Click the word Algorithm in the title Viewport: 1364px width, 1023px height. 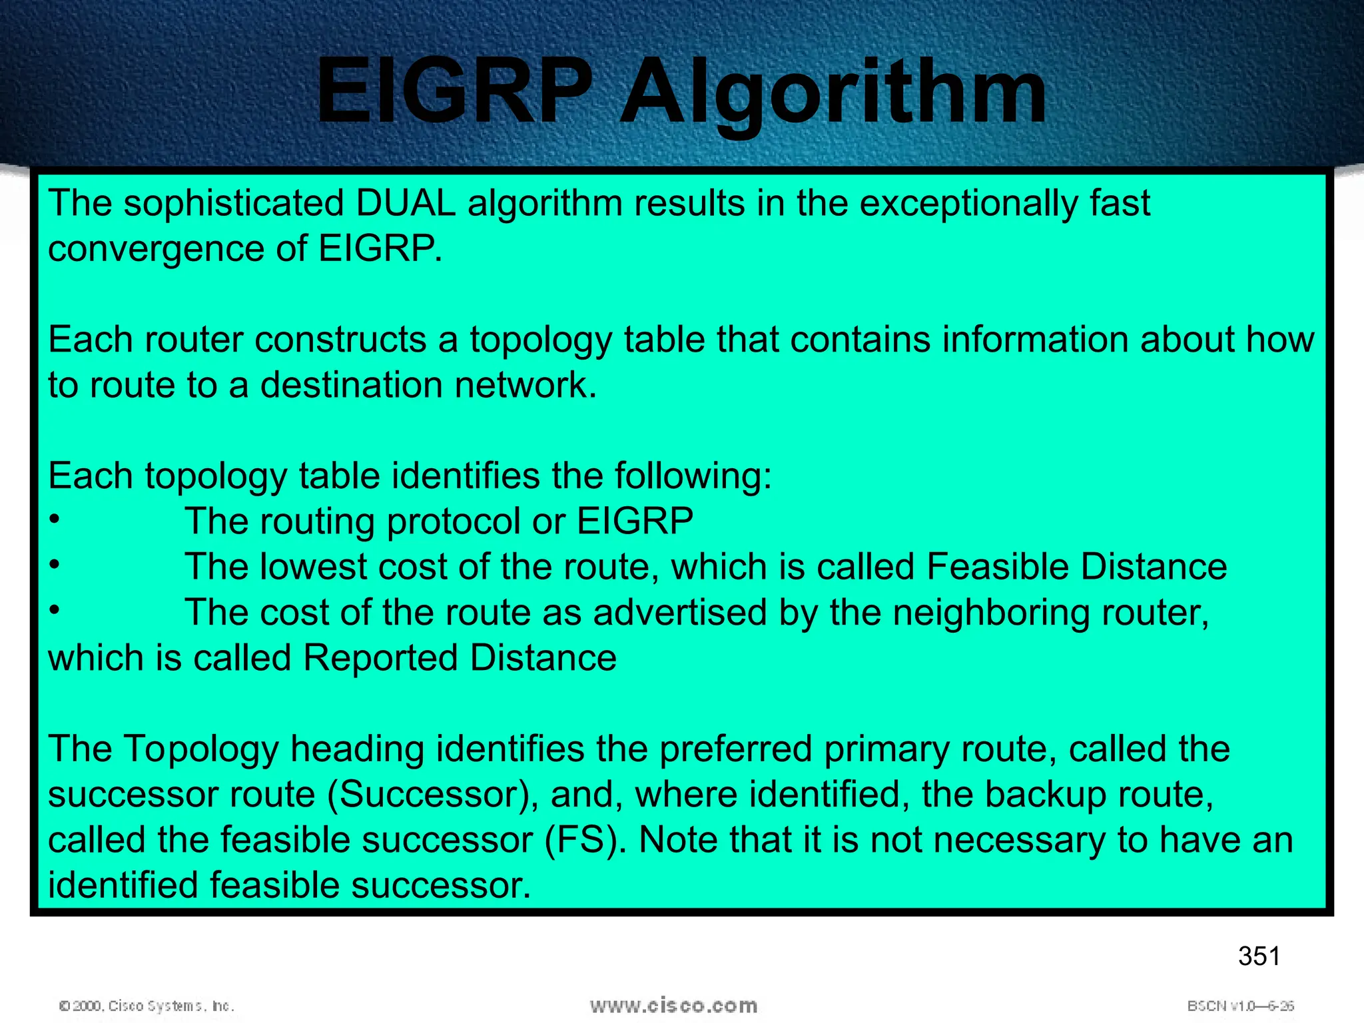[833, 93]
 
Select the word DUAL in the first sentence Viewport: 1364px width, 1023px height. [406, 203]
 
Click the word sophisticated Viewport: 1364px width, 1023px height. [233, 203]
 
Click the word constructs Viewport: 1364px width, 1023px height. [340, 340]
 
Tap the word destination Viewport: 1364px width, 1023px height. [351, 385]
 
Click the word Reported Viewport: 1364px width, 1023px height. [380, 658]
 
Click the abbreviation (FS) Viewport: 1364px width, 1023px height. [585, 840]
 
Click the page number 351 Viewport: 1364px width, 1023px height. [1259, 956]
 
